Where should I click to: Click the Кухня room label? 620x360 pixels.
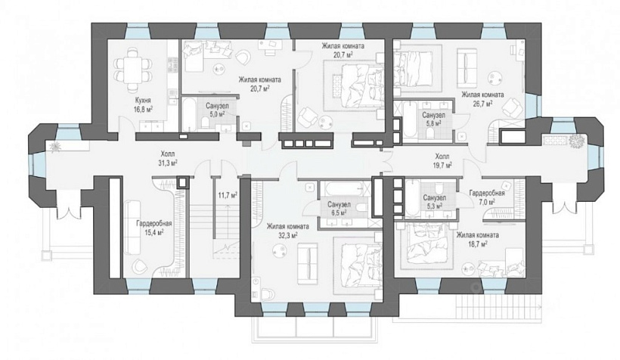coord(142,101)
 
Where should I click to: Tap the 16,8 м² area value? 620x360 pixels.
coord(143,109)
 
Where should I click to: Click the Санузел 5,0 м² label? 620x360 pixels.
coord(217,110)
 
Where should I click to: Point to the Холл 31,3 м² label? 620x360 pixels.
coord(167,158)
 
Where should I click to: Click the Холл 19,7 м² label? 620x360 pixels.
coord(442,160)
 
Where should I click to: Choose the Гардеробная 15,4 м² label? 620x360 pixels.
coord(153,228)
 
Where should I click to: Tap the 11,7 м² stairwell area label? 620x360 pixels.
coord(228,194)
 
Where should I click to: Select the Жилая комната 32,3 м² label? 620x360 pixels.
coord(287,231)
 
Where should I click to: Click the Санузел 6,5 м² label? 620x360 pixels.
coord(339,209)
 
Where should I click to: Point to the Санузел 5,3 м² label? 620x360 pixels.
coord(434,201)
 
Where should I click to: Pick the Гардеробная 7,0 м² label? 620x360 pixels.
coord(487,197)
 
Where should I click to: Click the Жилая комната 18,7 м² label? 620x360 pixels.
coord(477,239)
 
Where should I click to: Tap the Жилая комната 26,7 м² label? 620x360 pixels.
coord(483,99)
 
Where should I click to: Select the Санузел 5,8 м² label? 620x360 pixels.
coord(433,119)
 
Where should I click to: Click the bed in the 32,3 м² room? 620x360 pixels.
coord(358,265)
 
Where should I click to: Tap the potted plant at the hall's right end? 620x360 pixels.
coord(578,141)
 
